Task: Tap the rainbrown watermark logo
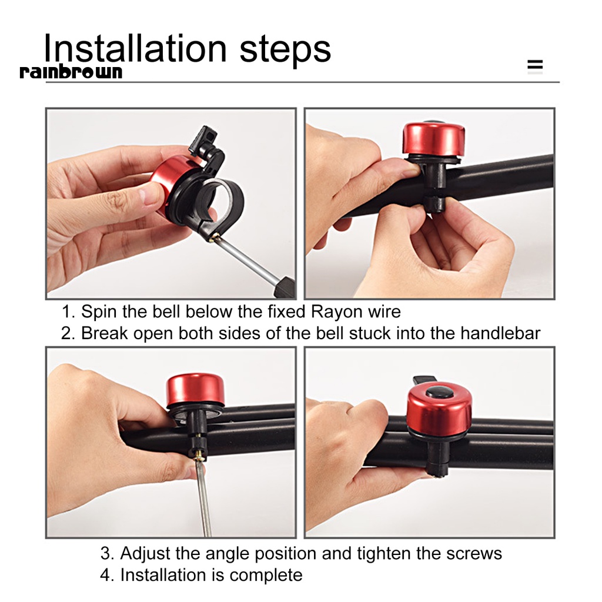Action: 71,72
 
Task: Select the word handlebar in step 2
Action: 500,333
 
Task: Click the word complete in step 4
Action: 266,576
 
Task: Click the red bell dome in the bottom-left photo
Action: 195,389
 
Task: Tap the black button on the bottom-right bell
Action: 439,393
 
